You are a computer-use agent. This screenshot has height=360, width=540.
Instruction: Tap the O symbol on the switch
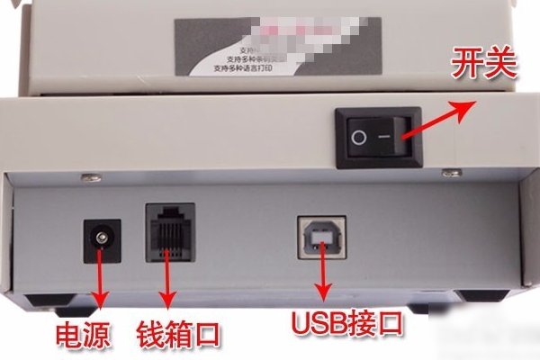358,138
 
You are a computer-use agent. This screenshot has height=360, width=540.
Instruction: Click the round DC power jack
101,241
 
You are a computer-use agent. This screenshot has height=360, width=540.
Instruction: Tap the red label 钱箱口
178,337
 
